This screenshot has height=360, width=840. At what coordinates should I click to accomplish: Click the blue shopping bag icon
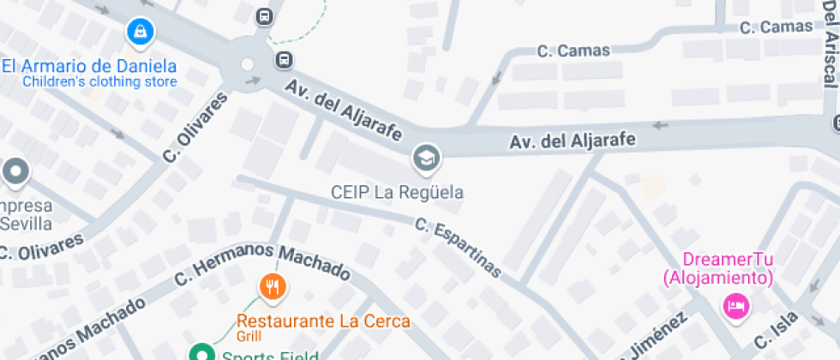tap(138, 33)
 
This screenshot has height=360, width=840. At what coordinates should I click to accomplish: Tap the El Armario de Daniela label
tap(89, 66)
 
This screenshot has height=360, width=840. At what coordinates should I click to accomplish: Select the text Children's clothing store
tap(99, 82)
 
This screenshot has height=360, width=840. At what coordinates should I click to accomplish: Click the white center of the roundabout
tap(247, 64)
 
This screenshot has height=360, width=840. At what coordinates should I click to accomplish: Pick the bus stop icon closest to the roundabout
tap(283, 60)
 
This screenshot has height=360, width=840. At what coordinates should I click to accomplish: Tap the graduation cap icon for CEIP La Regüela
tap(424, 158)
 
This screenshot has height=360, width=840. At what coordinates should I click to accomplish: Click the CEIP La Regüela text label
tap(397, 192)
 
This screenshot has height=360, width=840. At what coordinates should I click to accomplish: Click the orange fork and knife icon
tap(273, 286)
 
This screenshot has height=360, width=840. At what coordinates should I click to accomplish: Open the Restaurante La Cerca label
tap(323, 321)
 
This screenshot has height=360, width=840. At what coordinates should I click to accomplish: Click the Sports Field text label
tap(270, 355)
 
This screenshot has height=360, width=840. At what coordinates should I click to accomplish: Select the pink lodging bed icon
tap(735, 304)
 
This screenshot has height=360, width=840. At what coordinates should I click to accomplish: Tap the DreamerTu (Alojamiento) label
tap(717, 268)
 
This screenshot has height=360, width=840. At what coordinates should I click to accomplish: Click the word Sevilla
tap(26, 224)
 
